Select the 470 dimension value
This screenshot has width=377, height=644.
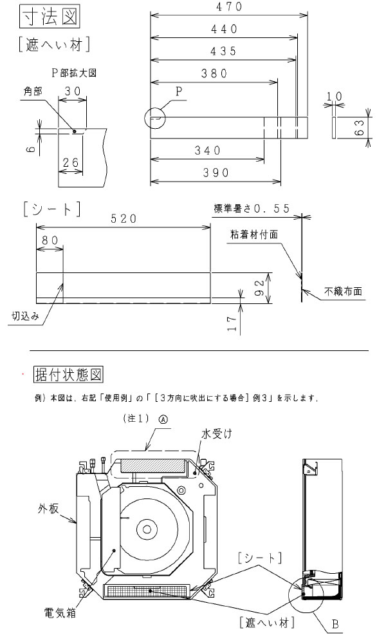point(228,7)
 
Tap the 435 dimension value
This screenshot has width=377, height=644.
point(223,52)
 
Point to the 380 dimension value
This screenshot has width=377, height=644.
point(214,73)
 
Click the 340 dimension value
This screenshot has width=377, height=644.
point(208,150)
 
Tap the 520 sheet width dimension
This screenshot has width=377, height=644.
point(122,219)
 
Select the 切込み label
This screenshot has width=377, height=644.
point(25,316)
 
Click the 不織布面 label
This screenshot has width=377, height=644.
point(347,292)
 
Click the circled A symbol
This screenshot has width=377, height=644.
point(163,417)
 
